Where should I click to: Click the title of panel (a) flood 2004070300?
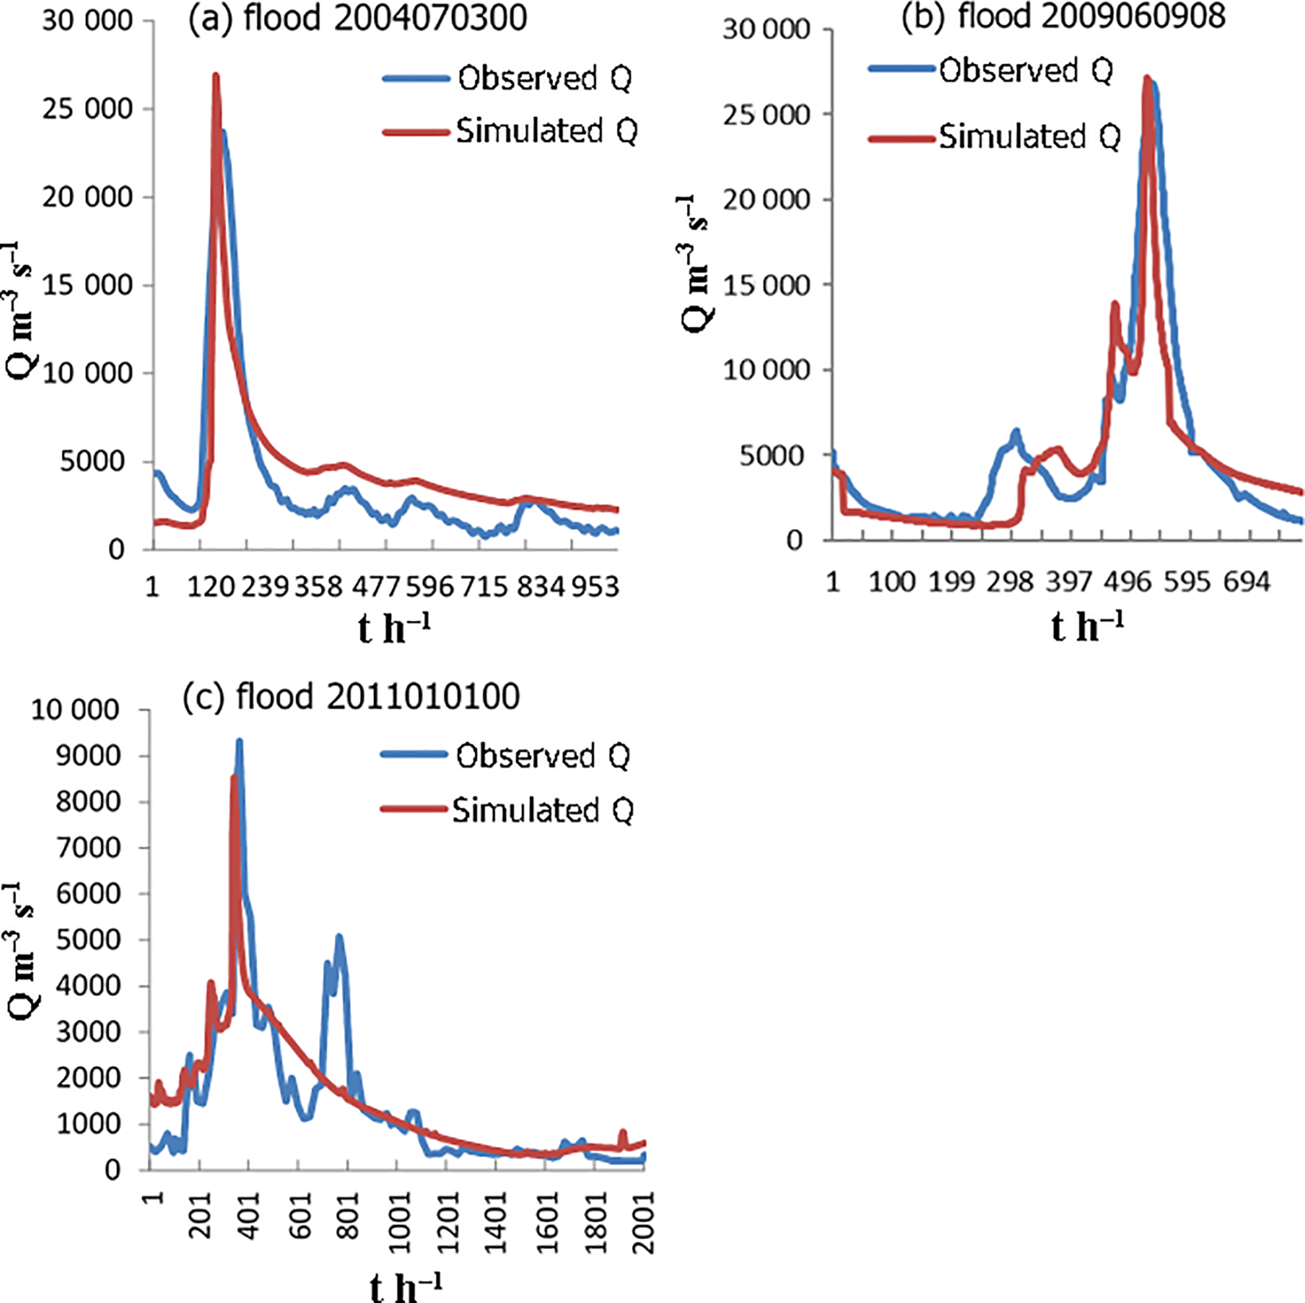click(x=358, y=18)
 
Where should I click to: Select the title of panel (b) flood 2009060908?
click(x=1063, y=16)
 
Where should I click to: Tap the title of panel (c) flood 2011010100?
click(x=351, y=696)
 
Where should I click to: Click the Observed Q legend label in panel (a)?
click(x=544, y=78)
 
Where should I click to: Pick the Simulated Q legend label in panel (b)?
click(x=1028, y=136)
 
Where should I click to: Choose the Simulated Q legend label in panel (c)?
click(x=542, y=810)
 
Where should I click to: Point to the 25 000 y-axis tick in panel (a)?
click(x=87, y=108)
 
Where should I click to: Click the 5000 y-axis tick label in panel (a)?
click(x=92, y=461)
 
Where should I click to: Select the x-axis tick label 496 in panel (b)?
click(x=1128, y=581)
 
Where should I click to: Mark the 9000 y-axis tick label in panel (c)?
click(x=87, y=755)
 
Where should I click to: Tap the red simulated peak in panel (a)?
click(x=216, y=76)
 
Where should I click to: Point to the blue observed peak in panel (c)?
click(x=239, y=741)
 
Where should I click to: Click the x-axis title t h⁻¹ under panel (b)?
click(x=1087, y=627)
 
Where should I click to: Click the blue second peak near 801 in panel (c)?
click(x=339, y=937)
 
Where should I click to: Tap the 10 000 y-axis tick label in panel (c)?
click(x=75, y=710)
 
